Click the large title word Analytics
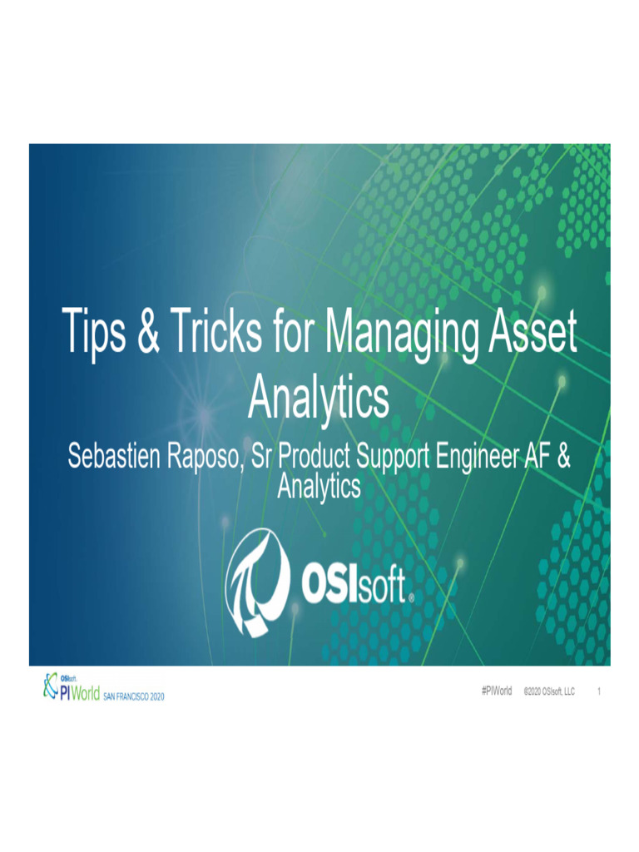pyautogui.click(x=319, y=399)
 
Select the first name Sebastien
pyautogui.click(x=114, y=458)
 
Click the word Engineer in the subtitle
pyautogui.click(x=477, y=458)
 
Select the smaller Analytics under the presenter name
pyautogui.click(x=319, y=486)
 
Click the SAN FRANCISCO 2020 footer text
pyautogui.click(x=134, y=696)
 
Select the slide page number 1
pyautogui.click(x=599, y=691)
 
